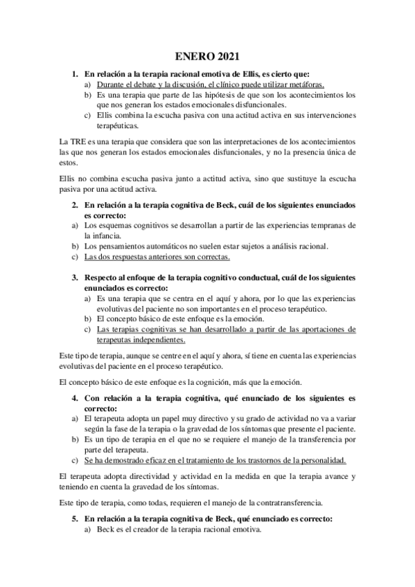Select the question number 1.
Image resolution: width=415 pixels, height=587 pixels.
coord(76,73)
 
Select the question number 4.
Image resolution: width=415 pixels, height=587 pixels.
coord(76,399)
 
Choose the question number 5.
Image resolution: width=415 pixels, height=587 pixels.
coord(76,518)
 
